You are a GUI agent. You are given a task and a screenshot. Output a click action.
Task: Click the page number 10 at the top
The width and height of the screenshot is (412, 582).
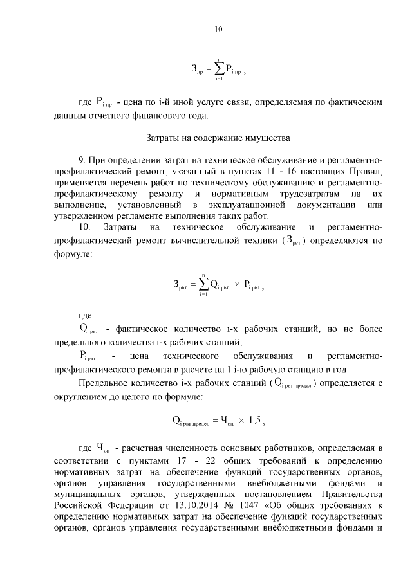[x=218, y=28]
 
